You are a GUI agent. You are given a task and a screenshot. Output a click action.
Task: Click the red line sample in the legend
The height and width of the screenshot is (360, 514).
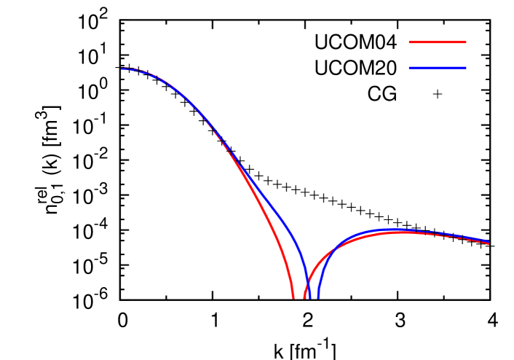pyautogui.click(x=438, y=42)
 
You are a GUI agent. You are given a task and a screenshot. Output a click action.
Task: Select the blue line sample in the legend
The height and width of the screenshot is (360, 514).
pyautogui.click(x=438, y=68)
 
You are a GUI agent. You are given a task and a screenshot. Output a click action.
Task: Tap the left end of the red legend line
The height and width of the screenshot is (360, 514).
pyautogui.click(x=410, y=42)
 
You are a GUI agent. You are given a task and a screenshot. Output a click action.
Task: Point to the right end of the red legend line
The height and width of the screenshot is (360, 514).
pyautogui.click(x=465, y=42)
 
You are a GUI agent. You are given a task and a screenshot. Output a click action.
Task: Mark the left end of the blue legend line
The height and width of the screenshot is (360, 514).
pyautogui.click(x=410, y=68)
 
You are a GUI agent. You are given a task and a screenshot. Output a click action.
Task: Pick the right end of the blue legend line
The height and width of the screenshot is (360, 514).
pyautogui.click(x=465, y=68)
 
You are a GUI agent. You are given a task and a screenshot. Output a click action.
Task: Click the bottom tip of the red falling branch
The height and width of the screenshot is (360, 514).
pyautogui.click(x=293, y=297)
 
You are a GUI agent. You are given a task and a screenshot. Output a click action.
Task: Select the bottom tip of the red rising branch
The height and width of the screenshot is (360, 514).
pyautogui.click(x=304, y=297)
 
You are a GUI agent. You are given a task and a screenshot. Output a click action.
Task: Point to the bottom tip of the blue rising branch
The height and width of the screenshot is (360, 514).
pyautogui.click(x=318, y=297)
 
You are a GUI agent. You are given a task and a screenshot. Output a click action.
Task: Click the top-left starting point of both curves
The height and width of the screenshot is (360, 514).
pyautogui.click(x=122, y=69)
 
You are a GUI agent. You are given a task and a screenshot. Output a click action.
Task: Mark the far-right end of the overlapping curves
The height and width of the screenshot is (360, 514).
pyautogui.click(x=488, y=243)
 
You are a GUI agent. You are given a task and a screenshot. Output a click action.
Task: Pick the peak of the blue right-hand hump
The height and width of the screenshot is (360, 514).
pyautogui.click(x=393, y=230)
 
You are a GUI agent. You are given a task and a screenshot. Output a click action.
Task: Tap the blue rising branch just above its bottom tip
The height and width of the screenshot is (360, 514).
pyautogui.click(x=320, y=281)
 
